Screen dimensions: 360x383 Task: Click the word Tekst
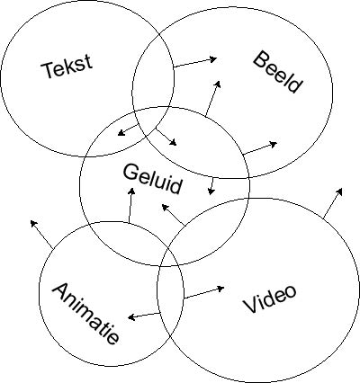[x=67, y=67]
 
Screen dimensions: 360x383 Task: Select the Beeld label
[x=277, y=72]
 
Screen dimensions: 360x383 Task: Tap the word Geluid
[x=152, y=179]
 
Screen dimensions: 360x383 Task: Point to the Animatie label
[x=85, y=313]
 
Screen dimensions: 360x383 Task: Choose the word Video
[x=270, y=298]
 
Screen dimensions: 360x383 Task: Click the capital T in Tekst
[x=49, y=70]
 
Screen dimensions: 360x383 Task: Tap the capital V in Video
[x=250, y=305]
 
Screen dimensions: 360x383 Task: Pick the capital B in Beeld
[x=261, y=59]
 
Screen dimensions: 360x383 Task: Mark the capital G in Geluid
[x=130, y=172]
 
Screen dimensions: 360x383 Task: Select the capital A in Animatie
[x=61, y=291]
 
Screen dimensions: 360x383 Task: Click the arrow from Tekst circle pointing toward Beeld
[x=195, y=62]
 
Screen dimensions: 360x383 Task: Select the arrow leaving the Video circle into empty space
[x=333, y=203]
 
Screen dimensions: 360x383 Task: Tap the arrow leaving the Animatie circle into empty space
[x=41, y=235]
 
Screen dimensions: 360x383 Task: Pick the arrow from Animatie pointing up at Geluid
[x=130, y=205]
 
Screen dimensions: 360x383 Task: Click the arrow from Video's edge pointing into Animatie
[x=144, y=316]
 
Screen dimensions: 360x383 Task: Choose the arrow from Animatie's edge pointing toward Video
[x=204, y=293]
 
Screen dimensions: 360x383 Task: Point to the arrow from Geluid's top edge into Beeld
[x=213, y=98]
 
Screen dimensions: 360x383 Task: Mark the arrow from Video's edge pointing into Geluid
[x=173, y=215]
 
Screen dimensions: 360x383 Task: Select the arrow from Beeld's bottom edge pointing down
[x=211, y=186]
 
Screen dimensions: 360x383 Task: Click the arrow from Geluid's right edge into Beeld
[x=260, y=148]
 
